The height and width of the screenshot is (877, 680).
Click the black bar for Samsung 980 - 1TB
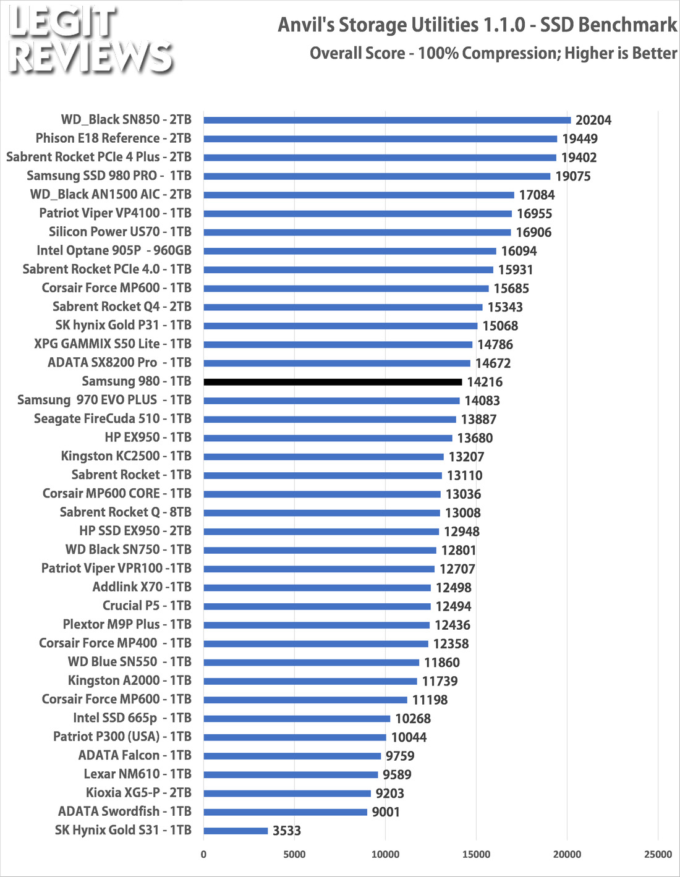coord(333,382)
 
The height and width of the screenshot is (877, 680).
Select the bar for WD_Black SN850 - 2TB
coord(387,121)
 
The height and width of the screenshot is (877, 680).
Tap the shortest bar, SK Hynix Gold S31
coord(236,831)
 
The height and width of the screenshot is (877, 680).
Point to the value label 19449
coord(580,139)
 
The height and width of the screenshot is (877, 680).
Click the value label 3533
coord(287,831)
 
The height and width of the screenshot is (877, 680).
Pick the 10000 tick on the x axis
coord(385,854)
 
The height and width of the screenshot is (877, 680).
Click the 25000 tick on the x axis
coord(658,854)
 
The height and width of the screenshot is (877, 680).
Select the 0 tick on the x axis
coord(203,854)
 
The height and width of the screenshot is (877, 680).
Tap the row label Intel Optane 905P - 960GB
coord(114,251)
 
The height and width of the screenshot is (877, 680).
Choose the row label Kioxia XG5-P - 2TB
coord(138,793)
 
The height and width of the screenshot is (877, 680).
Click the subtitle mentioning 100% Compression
coord(493,53)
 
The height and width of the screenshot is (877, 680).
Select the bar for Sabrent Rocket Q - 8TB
coord(321,512)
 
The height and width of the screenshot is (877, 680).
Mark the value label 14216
coord(485,382)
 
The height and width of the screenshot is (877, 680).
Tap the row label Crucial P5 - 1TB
coord(147,606)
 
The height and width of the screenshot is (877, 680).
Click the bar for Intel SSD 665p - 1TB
coord(297,718)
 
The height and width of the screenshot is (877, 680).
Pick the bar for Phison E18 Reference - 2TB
coord(380,139)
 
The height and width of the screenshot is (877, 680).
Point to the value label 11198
coord(430,700)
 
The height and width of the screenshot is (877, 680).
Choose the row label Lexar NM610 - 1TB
coord(138,774)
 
